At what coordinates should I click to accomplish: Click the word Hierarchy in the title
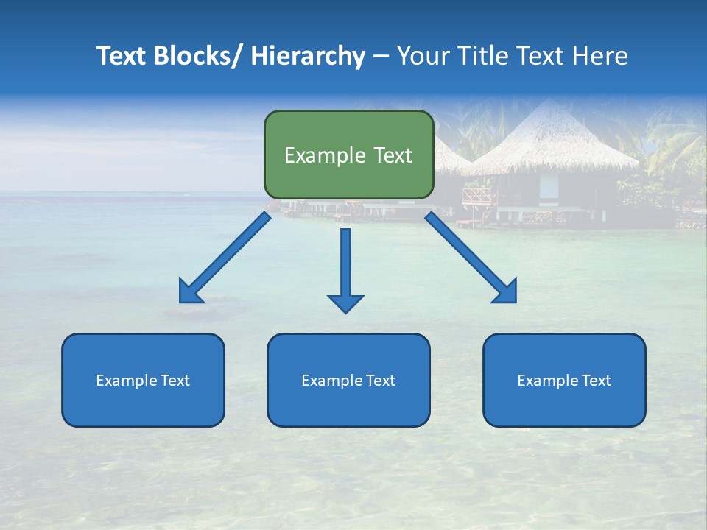point(308,56)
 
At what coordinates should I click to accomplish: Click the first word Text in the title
point(122,56)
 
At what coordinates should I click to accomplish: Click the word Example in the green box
point(319,155)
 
